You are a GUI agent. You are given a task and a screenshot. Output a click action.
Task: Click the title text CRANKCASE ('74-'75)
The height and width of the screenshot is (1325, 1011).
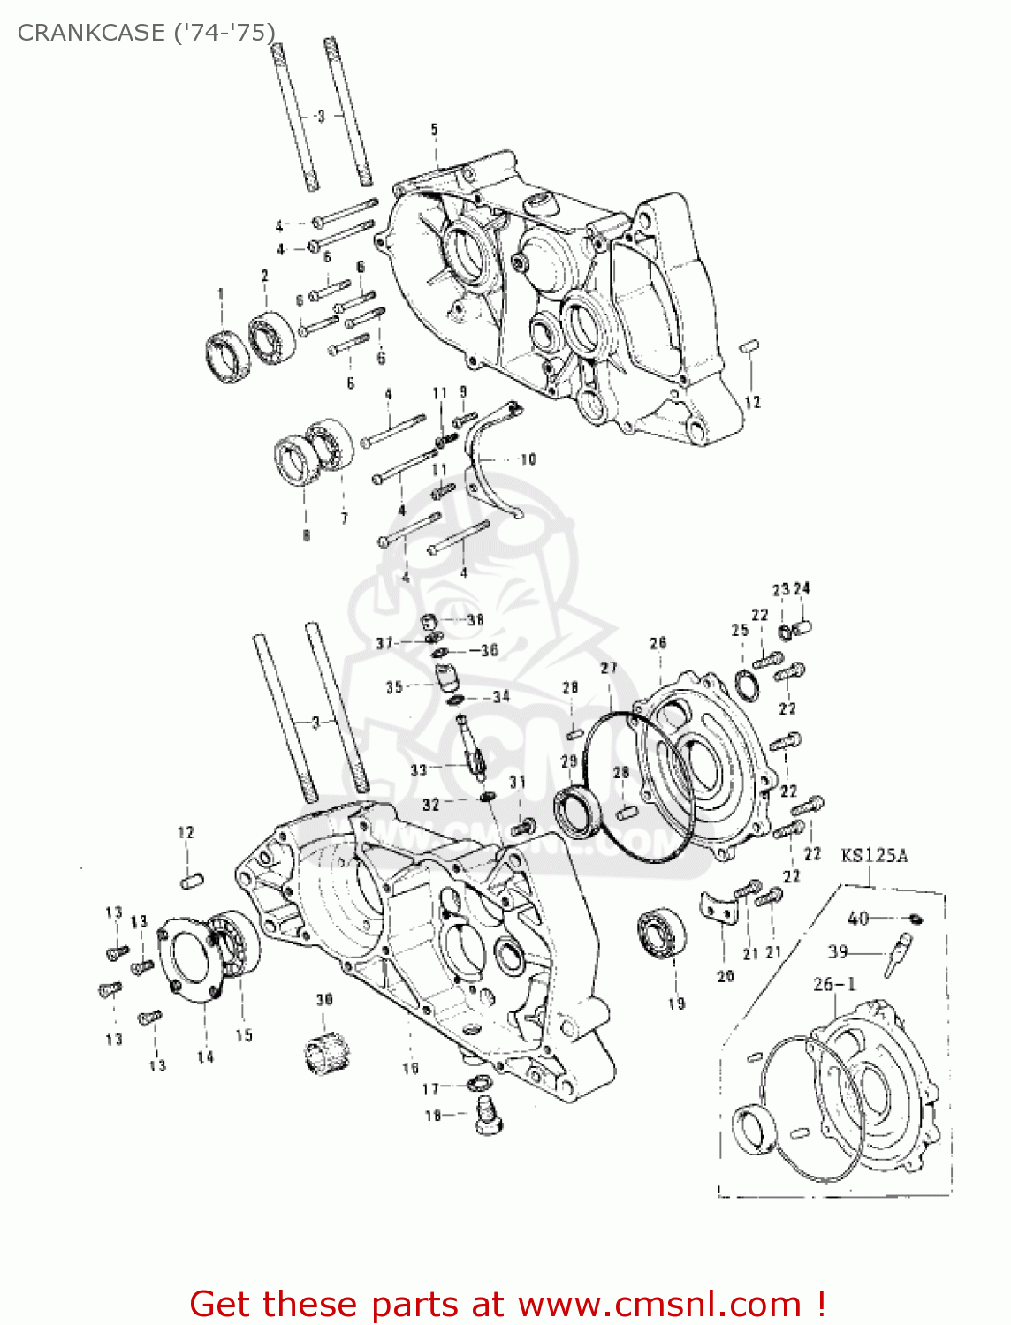tap(146, 33)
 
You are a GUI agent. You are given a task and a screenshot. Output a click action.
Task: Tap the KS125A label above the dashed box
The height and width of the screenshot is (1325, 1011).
tap(873, 855)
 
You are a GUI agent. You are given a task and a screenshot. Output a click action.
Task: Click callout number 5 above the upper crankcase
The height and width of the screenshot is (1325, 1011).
tap(434, 130)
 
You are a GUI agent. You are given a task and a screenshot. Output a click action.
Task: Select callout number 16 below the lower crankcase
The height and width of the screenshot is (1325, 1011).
tap(410, 1068)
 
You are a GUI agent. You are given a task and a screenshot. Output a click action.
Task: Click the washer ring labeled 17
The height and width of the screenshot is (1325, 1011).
tap(478, 1085)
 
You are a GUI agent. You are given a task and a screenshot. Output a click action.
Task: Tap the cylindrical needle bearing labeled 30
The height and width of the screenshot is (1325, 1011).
tap(324, 1051)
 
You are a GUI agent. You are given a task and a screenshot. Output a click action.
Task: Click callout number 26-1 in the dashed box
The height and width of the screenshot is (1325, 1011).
tap(833, 984)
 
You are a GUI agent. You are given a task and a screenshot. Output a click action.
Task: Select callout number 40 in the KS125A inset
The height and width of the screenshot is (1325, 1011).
tap(858, 919)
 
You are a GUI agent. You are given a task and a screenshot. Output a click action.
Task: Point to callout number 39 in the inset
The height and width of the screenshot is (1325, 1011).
tap(838, 951)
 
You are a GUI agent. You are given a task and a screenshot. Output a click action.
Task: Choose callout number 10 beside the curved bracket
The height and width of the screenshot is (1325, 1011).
tap(528, 459)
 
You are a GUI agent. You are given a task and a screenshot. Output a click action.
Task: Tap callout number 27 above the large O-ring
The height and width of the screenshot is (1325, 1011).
tap(609, 668)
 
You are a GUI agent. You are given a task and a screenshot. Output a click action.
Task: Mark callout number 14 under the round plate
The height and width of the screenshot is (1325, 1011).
tap(205, 1056)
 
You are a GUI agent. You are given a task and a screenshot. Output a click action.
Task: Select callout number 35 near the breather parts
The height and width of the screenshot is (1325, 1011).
tap(394, 687)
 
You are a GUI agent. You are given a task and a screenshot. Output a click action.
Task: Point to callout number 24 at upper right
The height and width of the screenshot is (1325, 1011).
tap(802, 589)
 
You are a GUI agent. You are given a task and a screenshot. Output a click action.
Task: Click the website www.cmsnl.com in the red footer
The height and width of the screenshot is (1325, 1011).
tap(658, 1304)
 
